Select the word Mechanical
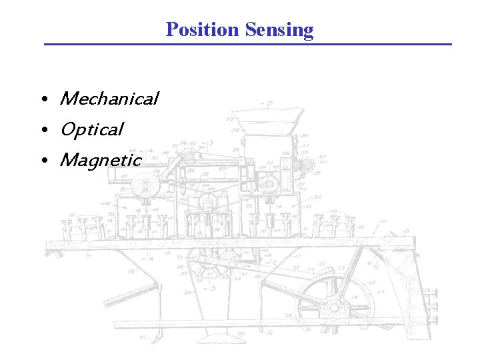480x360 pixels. [x=109, y=99]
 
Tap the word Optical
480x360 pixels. [x=91, y=129]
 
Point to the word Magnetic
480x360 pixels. [x=100, y=160]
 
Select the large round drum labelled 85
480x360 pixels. [x=142, y=185]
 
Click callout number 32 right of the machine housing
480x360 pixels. [x=317, y=197]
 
